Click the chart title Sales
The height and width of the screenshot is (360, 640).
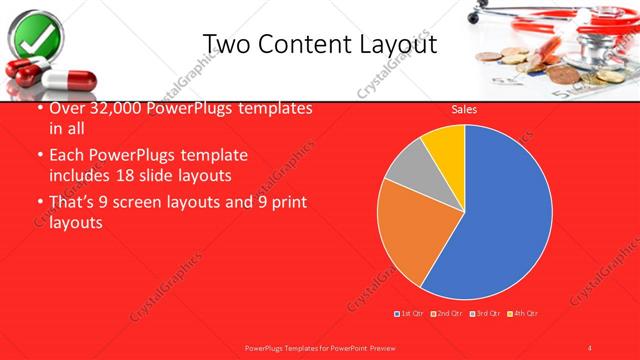(465, 109)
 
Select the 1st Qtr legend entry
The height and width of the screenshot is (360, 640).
(411, 313)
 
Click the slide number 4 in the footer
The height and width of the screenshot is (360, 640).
(590, 348)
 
